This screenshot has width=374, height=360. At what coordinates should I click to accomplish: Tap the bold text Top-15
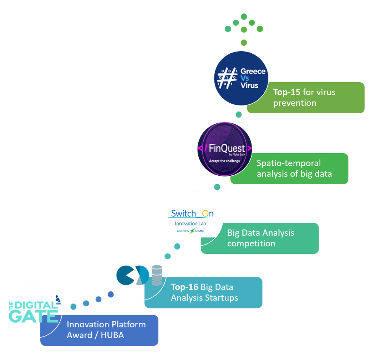coord(287,92)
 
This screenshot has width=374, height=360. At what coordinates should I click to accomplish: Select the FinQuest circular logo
coord(225,149)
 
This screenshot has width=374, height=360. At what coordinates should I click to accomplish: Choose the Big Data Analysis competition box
coord(260,238)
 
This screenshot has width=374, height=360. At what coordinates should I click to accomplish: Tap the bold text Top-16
coord(184,287)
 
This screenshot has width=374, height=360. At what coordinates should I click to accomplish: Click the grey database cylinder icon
coord(157,275)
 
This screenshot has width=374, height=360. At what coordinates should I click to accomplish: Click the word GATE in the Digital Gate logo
coord(34,316)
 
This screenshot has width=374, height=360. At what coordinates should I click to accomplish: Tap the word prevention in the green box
coord(295,103)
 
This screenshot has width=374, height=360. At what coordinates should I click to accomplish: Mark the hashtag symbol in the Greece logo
coord(226,78)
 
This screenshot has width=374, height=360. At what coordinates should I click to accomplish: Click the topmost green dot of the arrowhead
coord(244,16)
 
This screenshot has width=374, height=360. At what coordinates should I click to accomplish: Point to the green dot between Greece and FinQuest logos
coord(239,115)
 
